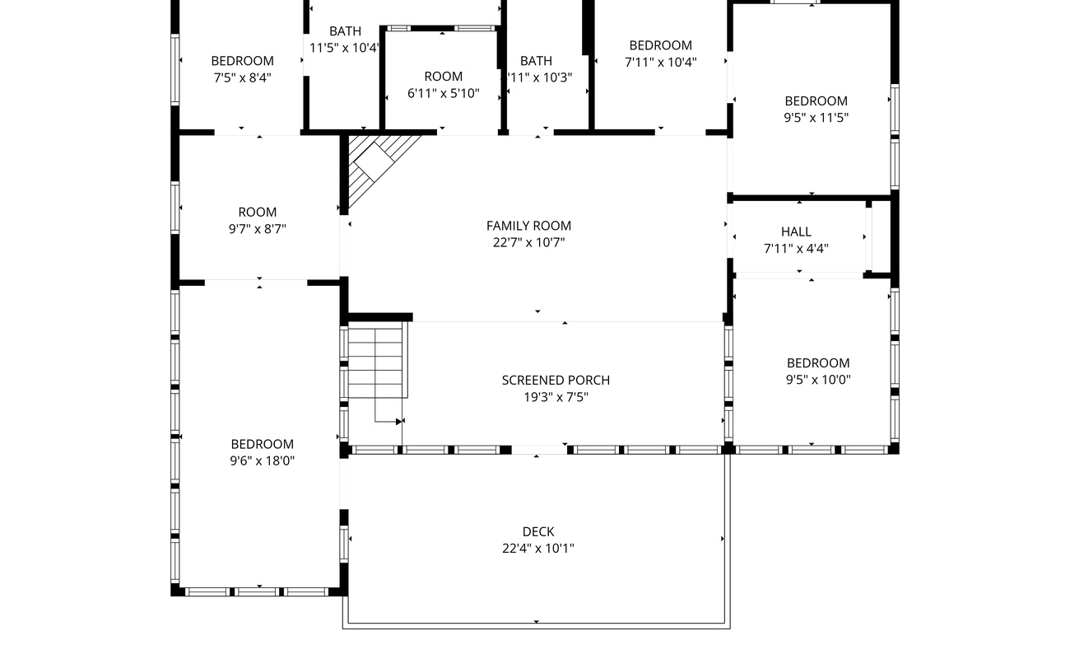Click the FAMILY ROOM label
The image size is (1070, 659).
coord(528,226)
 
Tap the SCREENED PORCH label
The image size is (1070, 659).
coord(556,380)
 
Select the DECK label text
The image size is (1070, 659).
coord(537,531)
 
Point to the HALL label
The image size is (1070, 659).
coord(796,231)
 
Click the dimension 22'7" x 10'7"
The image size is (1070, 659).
coord(528,242)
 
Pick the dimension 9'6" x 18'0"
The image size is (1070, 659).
coord(262,461)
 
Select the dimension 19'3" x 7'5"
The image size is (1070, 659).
coord(556,397)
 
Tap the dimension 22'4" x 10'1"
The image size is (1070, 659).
coord(537,549)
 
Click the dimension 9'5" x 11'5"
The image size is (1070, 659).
coord(816,118)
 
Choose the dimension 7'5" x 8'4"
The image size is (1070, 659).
coord(242,77)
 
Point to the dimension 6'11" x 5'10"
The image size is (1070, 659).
coord(443,94)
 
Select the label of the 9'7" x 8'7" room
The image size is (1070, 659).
coord(258,212)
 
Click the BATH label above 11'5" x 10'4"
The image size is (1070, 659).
coord(345,31)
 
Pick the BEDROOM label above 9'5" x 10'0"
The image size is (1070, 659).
coord(817,362)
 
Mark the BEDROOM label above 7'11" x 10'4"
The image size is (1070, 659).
coord(660,45)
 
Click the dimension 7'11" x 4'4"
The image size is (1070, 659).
coord(796,249)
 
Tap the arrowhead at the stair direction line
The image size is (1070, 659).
coord(399,422)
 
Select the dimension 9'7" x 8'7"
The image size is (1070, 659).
coord(258,229)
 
